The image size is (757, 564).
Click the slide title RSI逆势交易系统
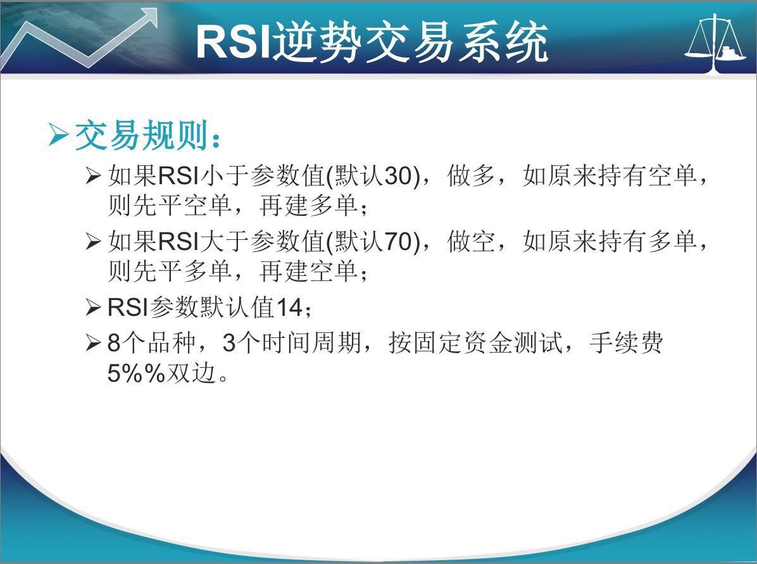tap(372, 42)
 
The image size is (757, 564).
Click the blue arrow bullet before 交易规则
tap(58, 135)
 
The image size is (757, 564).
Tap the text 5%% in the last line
tap(137, 373)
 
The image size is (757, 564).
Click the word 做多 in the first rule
tap(471, 176)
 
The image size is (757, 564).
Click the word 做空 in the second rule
tap(471, 241)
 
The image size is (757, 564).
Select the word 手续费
tap(626, 343)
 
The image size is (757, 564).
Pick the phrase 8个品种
tap(151, 343)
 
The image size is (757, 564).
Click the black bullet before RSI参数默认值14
tap(92, 308)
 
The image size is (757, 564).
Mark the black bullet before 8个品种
tap(92, 343)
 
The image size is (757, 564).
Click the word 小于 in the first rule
tap(225, 176)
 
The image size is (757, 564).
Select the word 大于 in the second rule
tap(225, 241)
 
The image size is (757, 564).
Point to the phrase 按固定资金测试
tap(475, 343)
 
